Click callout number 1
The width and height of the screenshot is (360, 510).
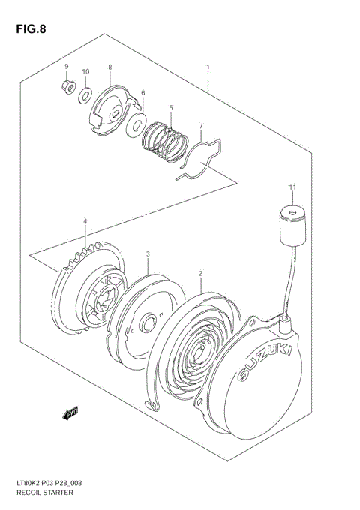[208, 67]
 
